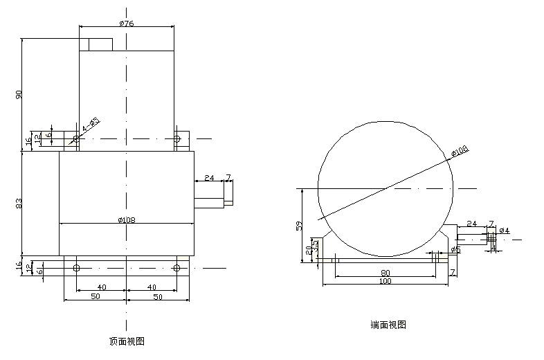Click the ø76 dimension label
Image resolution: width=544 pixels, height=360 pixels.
coord(126,23)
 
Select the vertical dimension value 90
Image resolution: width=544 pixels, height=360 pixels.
coord(19,94)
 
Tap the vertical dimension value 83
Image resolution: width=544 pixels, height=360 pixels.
coord(19,204)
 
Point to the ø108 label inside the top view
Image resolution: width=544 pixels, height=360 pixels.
coord(126,220)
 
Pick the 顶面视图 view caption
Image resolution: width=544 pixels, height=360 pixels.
coord(127,341)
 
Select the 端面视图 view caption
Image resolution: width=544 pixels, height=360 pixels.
coord(388,324)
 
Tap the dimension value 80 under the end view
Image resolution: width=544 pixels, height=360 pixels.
coord(385,273)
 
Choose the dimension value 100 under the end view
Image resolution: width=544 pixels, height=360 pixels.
coord(385,282)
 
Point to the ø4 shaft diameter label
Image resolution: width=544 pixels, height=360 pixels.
coord(504,231)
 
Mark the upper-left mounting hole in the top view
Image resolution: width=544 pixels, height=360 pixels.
coord(76,140)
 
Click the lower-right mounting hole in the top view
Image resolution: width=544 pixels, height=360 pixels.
coord(177,268)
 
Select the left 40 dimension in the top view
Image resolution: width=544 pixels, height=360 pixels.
coord(101,287)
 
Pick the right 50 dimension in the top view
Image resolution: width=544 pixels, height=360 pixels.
coord(157,296)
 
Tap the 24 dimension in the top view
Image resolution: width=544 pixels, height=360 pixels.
coord(210,178)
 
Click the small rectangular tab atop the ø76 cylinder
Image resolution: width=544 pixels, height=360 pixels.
coord(100,44)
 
